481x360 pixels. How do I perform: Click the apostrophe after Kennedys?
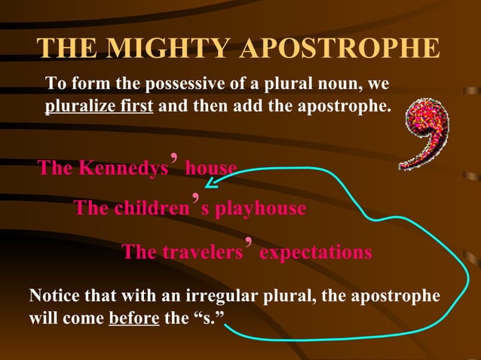click(x=175, y=160)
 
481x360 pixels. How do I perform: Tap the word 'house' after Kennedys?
click(x=210, y=168)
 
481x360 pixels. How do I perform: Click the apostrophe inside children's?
click(x=195, y=200)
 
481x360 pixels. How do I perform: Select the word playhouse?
click(x=261, y=209)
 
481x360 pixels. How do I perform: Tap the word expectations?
click(x=315, y=252)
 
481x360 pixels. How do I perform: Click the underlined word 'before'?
click(x=133, y=316)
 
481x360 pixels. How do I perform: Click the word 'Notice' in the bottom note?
click(x=54, y=295)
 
